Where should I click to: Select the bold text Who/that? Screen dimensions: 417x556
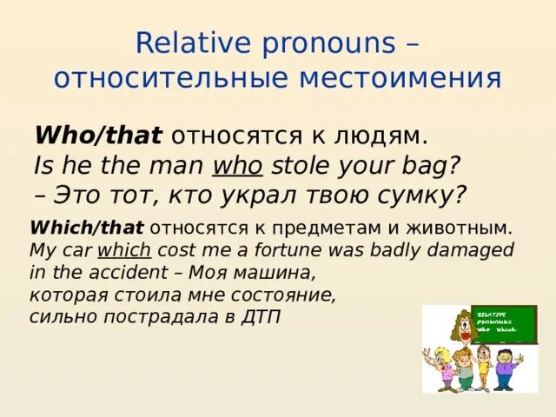click(98, 135)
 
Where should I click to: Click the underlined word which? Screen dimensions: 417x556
click(124, 249)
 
